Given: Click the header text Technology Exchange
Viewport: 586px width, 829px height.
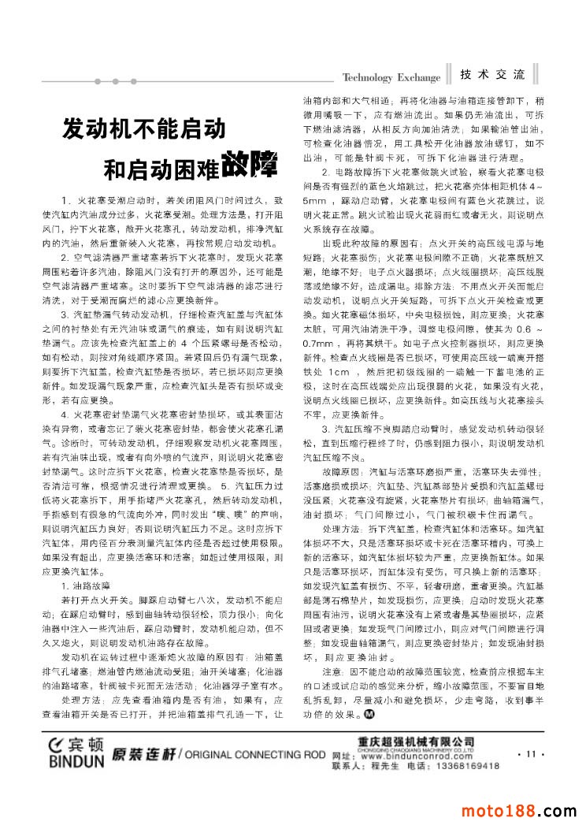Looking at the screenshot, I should (391, 77).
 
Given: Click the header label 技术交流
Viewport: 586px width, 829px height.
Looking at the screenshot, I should (493, 75).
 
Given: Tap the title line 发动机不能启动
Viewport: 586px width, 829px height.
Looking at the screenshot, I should (144, 128).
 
